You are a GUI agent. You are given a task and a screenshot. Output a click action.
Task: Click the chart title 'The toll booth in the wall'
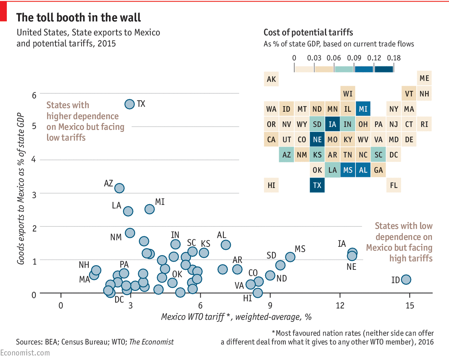click(78, 17)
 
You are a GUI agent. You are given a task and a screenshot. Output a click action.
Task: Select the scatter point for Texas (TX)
click(129, 104)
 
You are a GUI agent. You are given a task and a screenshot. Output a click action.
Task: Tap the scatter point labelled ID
click(406, 280)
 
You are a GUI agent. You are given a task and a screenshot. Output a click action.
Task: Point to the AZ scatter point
click(119, 188)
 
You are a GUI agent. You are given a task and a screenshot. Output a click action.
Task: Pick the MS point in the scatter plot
click(290, 257)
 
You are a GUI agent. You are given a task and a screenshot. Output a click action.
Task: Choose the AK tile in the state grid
click(271, 79)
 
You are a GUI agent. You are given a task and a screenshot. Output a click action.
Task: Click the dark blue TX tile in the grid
click(317, 185)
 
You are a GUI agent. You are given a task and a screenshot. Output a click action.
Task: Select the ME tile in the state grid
click(424, 79)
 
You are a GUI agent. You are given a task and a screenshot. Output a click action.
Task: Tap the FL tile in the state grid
click(394, 185)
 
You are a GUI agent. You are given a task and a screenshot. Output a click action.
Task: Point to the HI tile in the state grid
click(271, 185)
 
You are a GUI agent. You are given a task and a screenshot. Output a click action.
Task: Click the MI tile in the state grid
click(363, 109)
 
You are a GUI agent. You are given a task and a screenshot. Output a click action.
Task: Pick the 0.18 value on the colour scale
click(394, 58)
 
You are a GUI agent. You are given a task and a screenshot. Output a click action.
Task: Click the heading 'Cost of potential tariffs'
click(308, 32)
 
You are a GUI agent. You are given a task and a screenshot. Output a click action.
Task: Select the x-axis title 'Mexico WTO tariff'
click(236, 317)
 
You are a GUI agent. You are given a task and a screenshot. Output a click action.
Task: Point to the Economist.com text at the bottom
click(25, 353)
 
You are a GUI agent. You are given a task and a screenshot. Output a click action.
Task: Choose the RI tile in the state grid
click(424, 124)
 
